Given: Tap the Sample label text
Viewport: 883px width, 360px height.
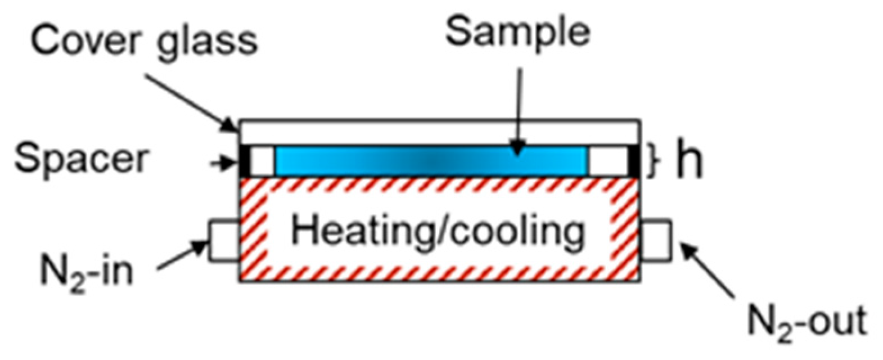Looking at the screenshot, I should coord(517,31).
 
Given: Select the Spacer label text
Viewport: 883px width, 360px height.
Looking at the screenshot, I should coord(80,159).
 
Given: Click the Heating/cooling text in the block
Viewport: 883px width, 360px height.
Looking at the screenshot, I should coord(438,231).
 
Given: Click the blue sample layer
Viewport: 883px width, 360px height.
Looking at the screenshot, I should coord(431,160).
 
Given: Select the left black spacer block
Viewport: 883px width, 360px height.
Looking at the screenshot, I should coord(245,161).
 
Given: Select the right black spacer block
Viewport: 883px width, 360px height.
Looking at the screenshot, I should coord(633,161).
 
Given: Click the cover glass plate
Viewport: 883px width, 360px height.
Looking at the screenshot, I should coord(439,132).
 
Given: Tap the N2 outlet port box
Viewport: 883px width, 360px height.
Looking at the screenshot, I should coord(656,241).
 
